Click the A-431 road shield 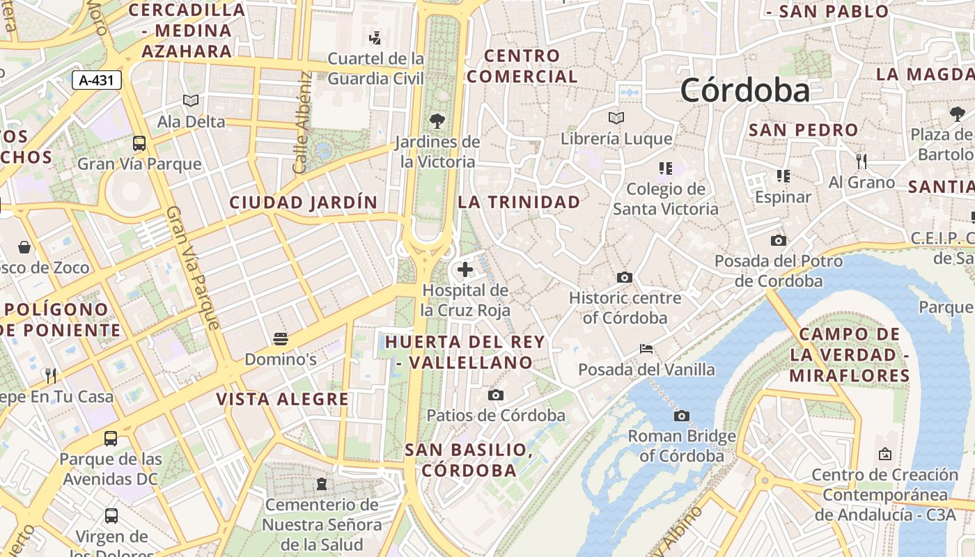(x=97, y=80)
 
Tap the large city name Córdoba (x=745, y=91)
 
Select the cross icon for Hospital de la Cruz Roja (x=465, y=269)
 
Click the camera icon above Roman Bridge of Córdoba (x=682, y=416)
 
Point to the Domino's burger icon (x=281, y=339)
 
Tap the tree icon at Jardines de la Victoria (x=437, y=121)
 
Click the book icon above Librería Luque (x=616, y=118)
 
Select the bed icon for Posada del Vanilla (x=646, y=348)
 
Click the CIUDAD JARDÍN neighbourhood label (x=304, y=203)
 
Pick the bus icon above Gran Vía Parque (x=139, y=143)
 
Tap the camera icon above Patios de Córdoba (x=496, y=395)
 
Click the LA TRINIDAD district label (x=519, y=202)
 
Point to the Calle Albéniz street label (x=302, y=123)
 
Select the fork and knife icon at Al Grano (x=861, y=162)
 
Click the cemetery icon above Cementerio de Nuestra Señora (x=322, y=483)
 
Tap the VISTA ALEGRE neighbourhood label (x=282, y=399)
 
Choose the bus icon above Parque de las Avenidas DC (x=111, y=439)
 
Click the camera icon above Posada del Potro (x=779, y=240)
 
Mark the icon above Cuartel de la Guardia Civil (x=375, y=38)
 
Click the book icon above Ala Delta (x=191, y=101)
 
